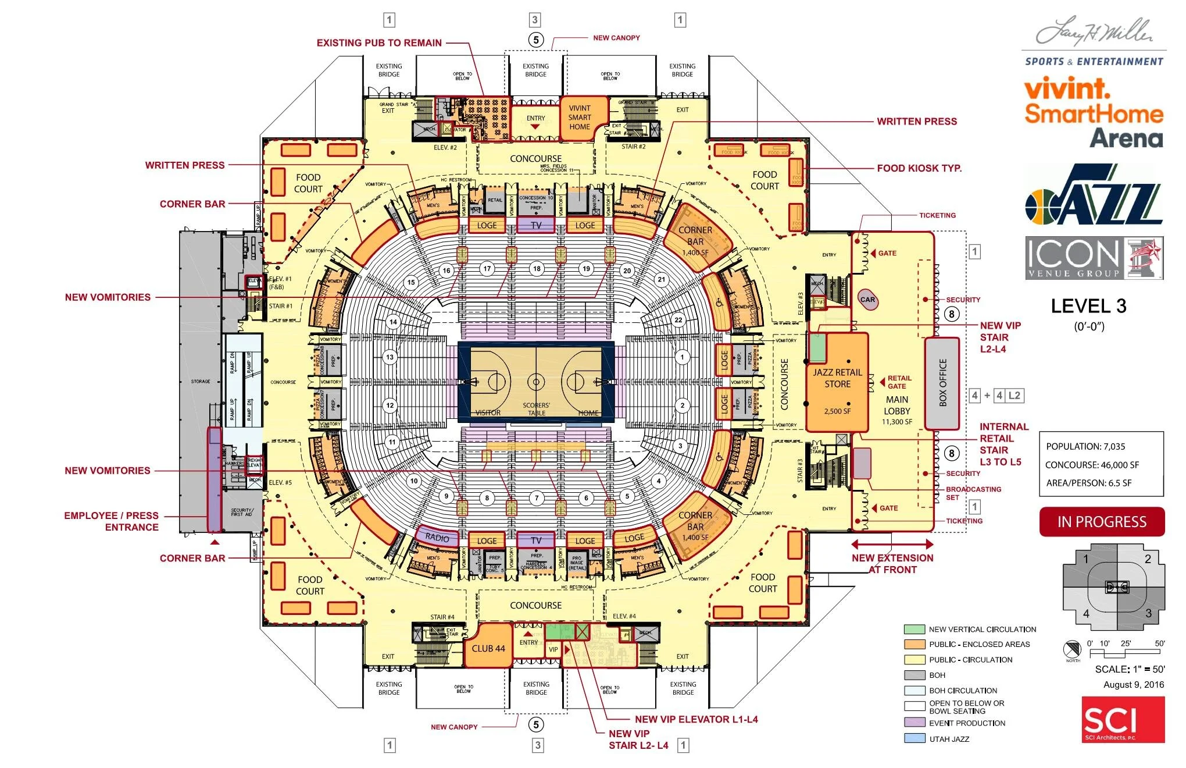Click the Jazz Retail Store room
click(x=837, y=381)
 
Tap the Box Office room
click(x=942, y=383)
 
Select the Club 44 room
click(x=488, y=648)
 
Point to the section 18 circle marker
click(x=537, y=269)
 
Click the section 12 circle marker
click(x=390, y=406)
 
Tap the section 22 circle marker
click(x=678, y=320)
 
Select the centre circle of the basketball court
click(x=536, y=382)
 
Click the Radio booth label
click(x=437, y=538)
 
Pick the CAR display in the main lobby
click(x=867, y=300)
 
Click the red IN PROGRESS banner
click(x=1102, y=522)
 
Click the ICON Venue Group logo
click(x=1094, y=258)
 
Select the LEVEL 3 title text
click(x=1088, y=307)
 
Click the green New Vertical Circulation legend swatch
click(x=914, y=629)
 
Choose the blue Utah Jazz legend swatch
click(x=914, y=738)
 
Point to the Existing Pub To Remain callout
click(x=379, y=43)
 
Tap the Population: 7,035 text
click(x=1085, y=447)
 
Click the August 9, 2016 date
click(x=1134, y=685)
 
